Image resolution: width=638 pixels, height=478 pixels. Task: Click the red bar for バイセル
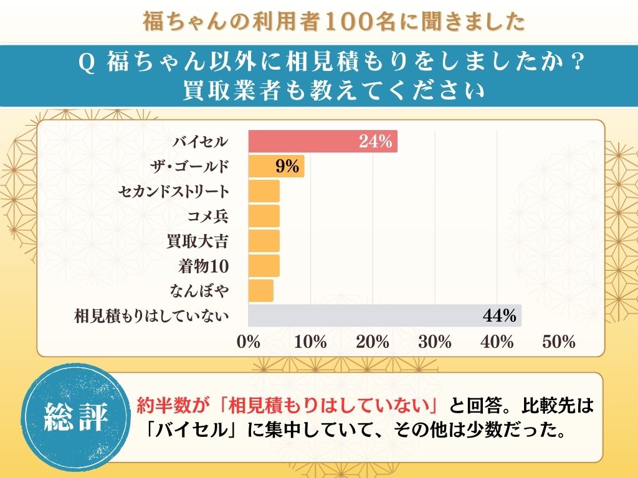click(x=323, y=142)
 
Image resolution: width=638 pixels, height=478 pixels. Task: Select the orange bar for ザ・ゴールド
click(x=276, y=167)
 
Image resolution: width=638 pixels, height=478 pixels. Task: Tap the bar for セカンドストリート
click(x=264, y=192)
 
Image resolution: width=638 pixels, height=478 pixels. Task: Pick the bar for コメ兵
click(x=264, y=216)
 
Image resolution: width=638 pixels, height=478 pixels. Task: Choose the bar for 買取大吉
click(x=264, y=241)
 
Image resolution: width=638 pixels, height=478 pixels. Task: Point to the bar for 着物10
click(x=264, y=266)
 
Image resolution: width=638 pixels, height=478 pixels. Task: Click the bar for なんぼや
click(x=261, y=291)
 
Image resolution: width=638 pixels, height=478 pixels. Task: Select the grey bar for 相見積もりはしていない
click(x=384, y=316)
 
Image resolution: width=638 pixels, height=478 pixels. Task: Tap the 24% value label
click(x=375, y=142)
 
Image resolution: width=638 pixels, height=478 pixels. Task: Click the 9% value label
click(x=287, y=167)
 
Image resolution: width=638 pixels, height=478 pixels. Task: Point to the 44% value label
click(x=500, y=316)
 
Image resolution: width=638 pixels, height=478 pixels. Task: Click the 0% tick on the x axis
click(x=249, y=342)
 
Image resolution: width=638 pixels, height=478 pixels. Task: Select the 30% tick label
click(x=435, y=342)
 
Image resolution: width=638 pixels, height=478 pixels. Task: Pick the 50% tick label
click(x=558, y=342)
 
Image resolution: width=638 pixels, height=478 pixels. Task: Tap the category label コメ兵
click(x=208, y=217)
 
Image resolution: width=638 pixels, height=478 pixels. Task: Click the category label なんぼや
click(x=199, y=291)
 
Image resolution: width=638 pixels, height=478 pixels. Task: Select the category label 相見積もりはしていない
click(x=152, y=316)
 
